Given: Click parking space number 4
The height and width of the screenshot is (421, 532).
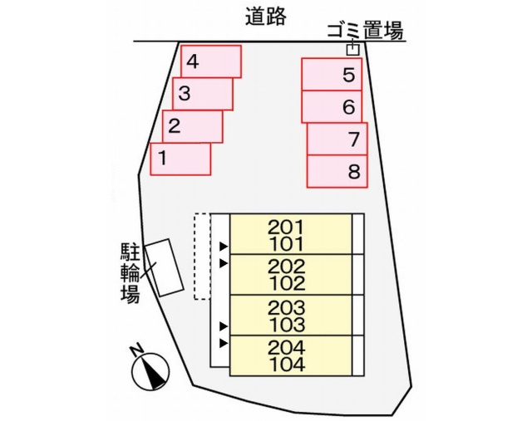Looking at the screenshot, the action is click(x=210, y=61).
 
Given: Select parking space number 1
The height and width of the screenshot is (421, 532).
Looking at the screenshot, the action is click(x=180, y=159).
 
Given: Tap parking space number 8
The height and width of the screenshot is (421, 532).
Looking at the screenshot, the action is click(x=337, y=171).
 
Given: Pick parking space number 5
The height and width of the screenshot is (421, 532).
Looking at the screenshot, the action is click(x=332, y=74).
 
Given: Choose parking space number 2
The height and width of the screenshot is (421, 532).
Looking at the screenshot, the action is click(x=192, y=126).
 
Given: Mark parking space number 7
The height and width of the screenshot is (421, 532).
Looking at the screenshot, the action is click(x=337, y=139).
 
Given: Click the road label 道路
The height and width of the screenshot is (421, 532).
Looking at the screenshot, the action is click(x=266, y=17).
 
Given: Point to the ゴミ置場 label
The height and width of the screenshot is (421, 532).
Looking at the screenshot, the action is click(x=365, y=31).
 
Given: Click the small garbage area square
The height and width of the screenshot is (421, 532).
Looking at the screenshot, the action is click(x=352, y=50).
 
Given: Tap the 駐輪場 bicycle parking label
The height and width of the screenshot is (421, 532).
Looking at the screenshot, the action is click(x=131, y=272).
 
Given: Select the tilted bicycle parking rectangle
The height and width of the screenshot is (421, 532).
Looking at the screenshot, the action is click(x=165, y=267).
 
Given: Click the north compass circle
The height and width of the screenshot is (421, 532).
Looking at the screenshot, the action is click(x=150, y=371).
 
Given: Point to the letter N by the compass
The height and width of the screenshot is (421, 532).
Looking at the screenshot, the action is click(x=137, y=349).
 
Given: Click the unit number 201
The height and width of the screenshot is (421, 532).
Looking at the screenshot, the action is click(x=287, y=228).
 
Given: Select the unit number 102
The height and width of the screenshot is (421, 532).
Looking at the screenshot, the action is click(x=287, y=283).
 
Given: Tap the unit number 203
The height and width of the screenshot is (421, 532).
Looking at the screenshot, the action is click(x=287, y=308).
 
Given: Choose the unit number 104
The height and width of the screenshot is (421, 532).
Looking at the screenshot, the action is click(x=287, y=365).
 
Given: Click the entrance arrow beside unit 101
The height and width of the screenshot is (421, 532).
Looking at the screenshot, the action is click(x=224, y=247).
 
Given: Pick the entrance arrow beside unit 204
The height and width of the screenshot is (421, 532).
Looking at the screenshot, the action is click(x=224, y=343).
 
